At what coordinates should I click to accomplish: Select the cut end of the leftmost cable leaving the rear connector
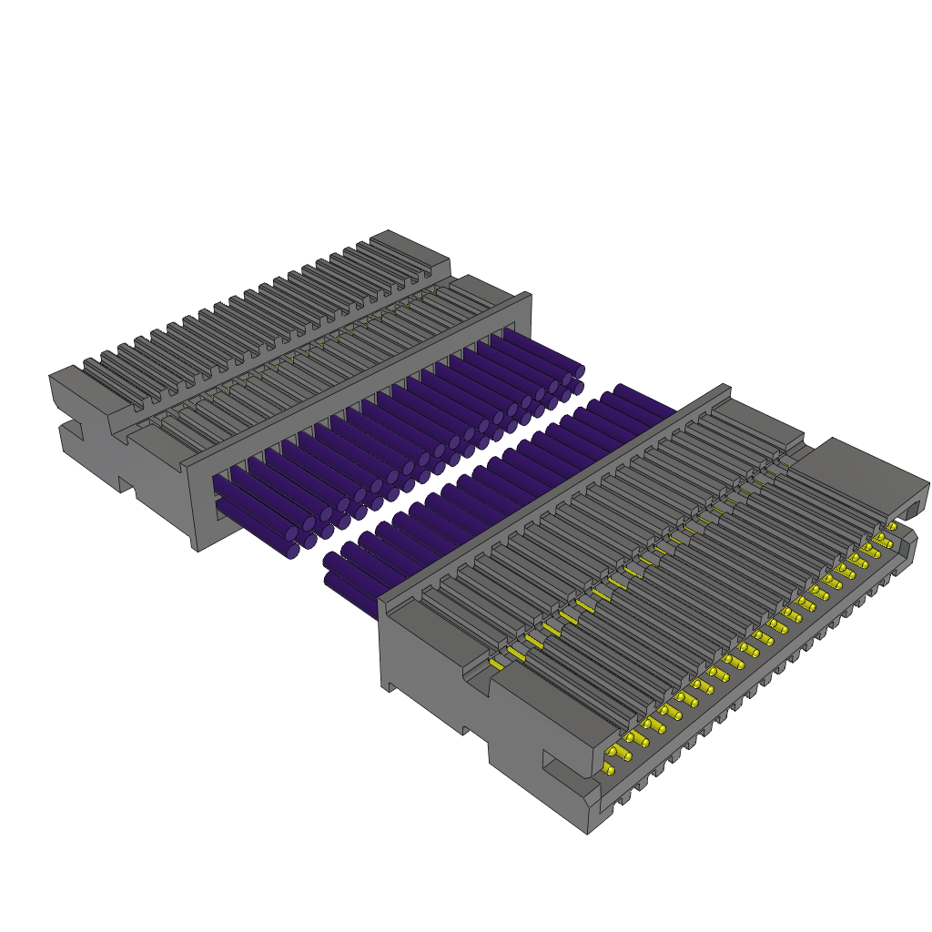pos(292,551)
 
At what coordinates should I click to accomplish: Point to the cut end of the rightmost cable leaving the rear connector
pos(579,371)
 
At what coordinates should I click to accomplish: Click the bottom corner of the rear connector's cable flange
pos(197,546)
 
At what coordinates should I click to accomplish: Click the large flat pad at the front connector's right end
pos(856,472)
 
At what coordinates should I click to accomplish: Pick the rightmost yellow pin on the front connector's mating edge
pos(891,526)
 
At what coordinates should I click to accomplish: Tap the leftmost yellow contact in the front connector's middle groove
pos(496,664)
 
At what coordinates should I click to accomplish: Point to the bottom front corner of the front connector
pos(588,830)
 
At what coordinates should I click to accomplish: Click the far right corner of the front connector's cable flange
pos(726,388)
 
